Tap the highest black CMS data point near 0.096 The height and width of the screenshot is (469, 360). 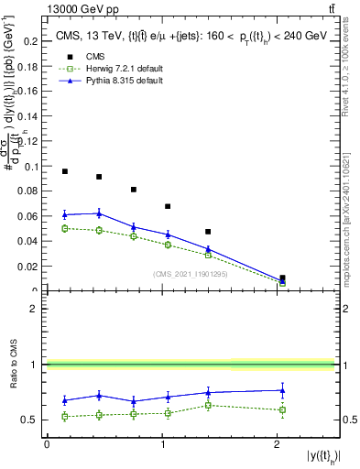64,171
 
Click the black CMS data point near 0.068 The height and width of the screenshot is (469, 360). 168,206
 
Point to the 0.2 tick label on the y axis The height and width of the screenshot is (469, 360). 31,41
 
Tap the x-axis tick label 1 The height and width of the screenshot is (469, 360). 162,444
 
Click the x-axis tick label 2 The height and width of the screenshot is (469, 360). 278,444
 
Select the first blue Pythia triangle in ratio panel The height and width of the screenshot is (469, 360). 64,399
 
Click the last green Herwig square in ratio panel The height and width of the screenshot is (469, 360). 282,409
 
